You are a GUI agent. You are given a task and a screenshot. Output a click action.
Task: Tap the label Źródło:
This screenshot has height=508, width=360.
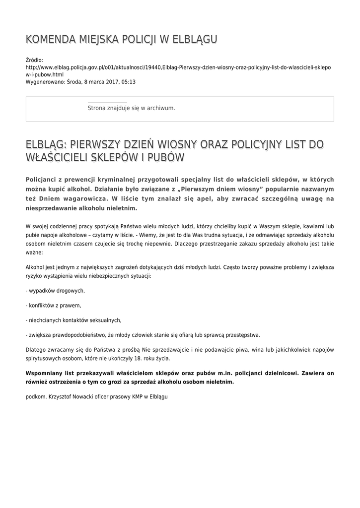(34, 60)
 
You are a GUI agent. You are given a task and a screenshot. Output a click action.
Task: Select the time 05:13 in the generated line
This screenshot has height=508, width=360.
(129, 82)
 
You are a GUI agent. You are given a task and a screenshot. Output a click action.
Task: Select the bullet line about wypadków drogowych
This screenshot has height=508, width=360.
(55, 291)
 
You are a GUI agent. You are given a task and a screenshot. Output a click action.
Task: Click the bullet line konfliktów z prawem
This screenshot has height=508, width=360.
(53, 305)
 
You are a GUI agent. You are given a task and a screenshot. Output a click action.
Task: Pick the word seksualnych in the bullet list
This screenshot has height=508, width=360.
(105, 320)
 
